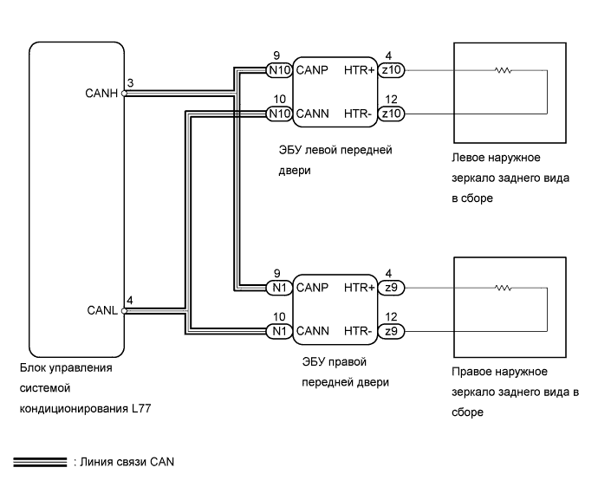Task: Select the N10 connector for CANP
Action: (279, 69)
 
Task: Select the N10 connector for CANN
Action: (279, 113)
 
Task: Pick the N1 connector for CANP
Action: (279, 287)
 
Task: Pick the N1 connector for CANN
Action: (279, 330)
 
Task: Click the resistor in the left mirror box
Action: (503, 69)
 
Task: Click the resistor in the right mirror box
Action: (503, 287)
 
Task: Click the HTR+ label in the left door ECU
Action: (358, 69)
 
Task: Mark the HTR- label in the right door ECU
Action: (358, 330)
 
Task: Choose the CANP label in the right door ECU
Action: (311, 287)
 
